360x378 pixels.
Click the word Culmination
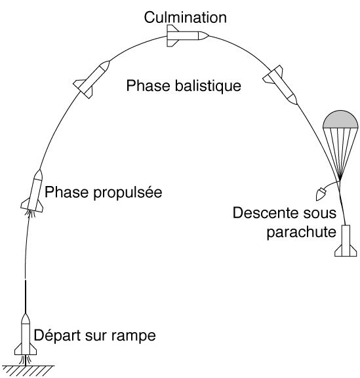coord(186,17)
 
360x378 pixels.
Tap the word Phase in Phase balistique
coord(148,86)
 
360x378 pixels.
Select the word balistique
coord(208,86)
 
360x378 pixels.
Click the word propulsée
coord(127,193)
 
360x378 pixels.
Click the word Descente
coord(264,213)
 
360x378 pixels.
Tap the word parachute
coord(302,232)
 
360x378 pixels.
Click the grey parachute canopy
coord(340,120)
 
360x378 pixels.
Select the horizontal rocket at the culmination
coord(188,35)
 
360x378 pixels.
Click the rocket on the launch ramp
coord(26,334)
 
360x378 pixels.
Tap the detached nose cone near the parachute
coord(321,195)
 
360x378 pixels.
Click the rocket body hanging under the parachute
coord(346,241)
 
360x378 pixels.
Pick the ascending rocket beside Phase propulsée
coord(33,191)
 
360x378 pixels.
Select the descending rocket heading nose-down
coord(281,85)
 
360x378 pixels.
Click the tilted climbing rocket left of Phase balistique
coord(91,79)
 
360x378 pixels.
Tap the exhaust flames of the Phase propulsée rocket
coord(30,214)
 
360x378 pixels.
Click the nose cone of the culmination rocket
coord(203,35)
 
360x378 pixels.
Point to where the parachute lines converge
coord(340,180)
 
